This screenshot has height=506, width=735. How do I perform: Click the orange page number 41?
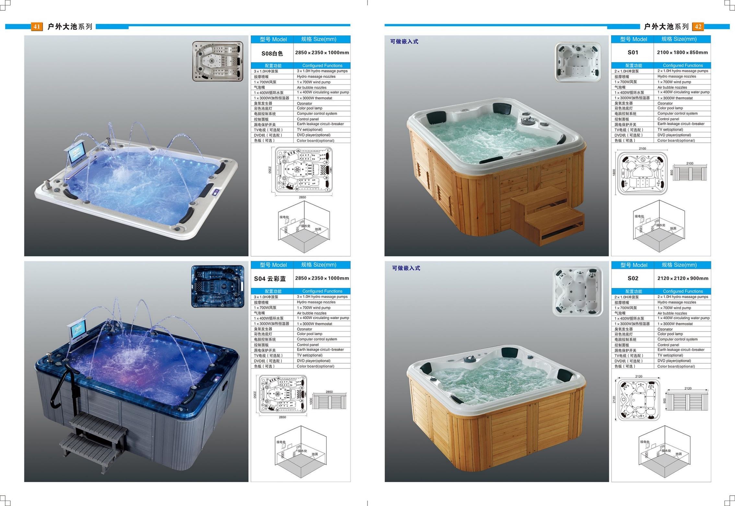point(37,26)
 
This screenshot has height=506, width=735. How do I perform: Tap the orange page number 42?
point(698,26)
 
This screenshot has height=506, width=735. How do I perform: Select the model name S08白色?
point(272,53)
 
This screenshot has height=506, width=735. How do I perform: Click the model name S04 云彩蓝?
point(270,279)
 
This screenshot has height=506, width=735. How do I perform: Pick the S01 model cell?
point(633,52)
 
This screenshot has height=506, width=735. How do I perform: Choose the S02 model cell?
point(633,278)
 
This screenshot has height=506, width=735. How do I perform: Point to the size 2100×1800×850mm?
point(682,52)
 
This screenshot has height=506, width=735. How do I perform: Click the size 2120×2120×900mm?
point(683,278)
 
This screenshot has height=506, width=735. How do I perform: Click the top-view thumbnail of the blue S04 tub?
point(218,286)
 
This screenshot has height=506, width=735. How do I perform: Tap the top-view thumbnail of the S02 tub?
point(577,291)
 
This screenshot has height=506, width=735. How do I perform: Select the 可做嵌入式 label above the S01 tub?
point(404,42)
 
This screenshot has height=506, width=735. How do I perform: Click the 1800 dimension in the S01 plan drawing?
point(614,173)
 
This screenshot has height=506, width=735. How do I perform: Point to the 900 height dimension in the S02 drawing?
point(664,401)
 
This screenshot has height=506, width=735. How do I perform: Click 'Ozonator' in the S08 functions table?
point(305,103)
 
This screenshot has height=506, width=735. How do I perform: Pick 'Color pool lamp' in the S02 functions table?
point(670,334)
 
